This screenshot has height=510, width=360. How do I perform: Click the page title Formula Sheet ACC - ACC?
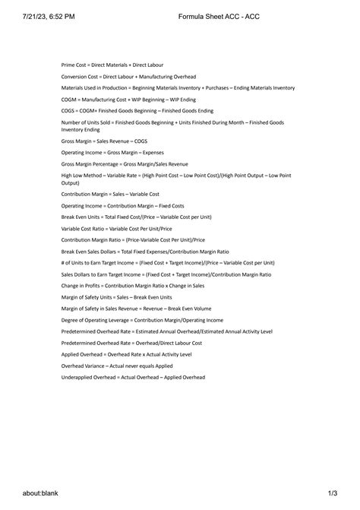pyautogui.click(x=211, y=15)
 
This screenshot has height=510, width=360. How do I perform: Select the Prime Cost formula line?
pyautogui.click(x=112, y=65)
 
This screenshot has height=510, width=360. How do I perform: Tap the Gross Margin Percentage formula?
pyautogui.click(x=125, y=163)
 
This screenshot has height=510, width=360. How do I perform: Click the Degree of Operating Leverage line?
pyautogui.click(x=142, y=321)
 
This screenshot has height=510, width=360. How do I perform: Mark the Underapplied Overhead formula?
pyautogui.click(x=133, y=377)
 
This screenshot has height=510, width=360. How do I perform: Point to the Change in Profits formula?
pyautogui.click(x=133, y=285)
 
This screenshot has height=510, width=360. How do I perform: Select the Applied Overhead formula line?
pyautogui.click(x=126, y=354)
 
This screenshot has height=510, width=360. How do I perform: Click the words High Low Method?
pyautogui.click(x=81, y=176)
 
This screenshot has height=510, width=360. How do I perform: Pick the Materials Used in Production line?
pyautogui.click(x=178, y=88)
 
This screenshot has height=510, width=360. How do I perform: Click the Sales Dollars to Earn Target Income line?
pyautogui.click(x=166, y=274)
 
